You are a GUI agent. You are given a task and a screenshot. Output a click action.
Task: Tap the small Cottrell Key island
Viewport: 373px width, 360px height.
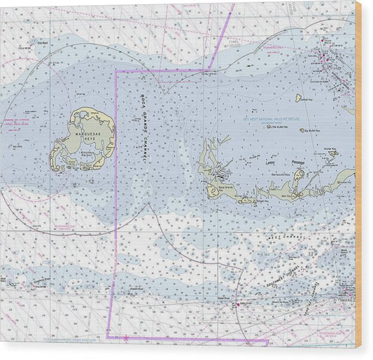pyautogui.click(x=298, y=98)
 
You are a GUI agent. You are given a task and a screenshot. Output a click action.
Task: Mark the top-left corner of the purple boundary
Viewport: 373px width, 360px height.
pyautogui.click(x=115, y=71)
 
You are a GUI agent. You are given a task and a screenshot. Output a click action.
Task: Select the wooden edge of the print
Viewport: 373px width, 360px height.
pyautogui.click(x=358, y=175)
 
